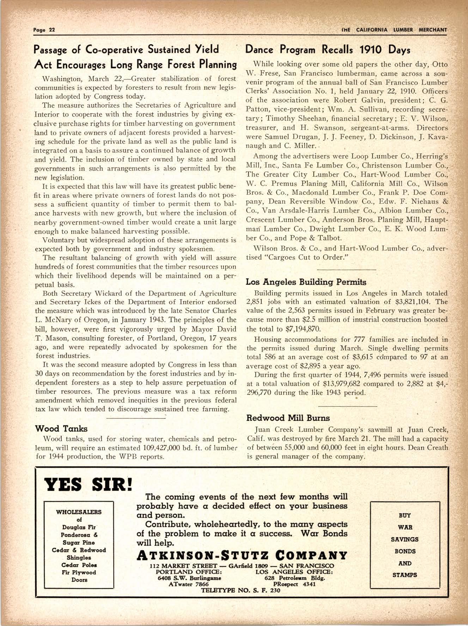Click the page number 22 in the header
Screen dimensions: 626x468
click(x=51, y=30)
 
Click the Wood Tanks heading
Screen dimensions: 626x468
click(x=61, y=429)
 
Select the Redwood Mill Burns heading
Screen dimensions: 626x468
click(x=287, y=418)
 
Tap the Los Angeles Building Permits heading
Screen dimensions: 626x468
click(x=306, y=282)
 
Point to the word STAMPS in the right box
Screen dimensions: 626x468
click(x=404, y=575)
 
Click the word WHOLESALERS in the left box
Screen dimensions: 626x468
click(x=79, y=512)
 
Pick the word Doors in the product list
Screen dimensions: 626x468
click(x=79, y=579)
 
